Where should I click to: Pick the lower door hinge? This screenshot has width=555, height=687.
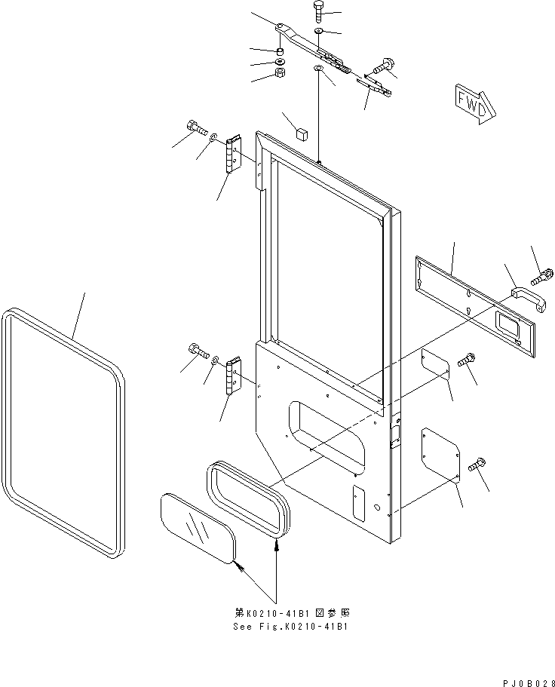[234, 375]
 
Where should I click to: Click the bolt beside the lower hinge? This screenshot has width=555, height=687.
[198, 349]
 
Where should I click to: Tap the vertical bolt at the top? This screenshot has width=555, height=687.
[319, 12]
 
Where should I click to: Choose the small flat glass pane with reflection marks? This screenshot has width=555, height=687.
[199, 528]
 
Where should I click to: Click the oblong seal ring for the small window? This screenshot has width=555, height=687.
[247, 498]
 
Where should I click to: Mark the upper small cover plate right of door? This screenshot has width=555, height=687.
[435, 363]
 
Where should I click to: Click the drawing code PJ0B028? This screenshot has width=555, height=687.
[529, 683]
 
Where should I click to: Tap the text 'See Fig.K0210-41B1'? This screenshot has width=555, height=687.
[291, 627]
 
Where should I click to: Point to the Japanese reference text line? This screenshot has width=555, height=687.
[292, 613]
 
